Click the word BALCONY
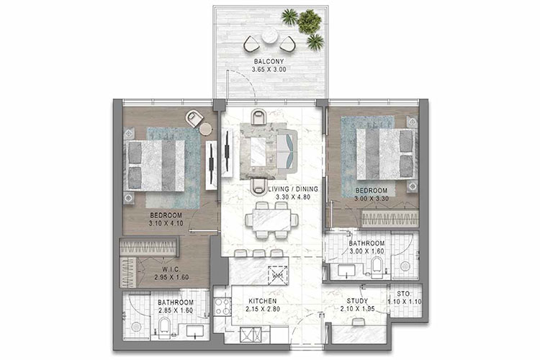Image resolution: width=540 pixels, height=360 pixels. pyautogui.click(x=267, y=61)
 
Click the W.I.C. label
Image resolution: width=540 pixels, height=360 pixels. pyautogui.click(x=171, y=268)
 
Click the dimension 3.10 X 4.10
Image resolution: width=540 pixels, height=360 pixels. pyautogui.click(x=166, y=223)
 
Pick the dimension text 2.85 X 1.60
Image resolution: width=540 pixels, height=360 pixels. pyautogui.click(x=176, y=310)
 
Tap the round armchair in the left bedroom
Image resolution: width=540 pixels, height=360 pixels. pyautogui.click(x=194, y=118)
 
